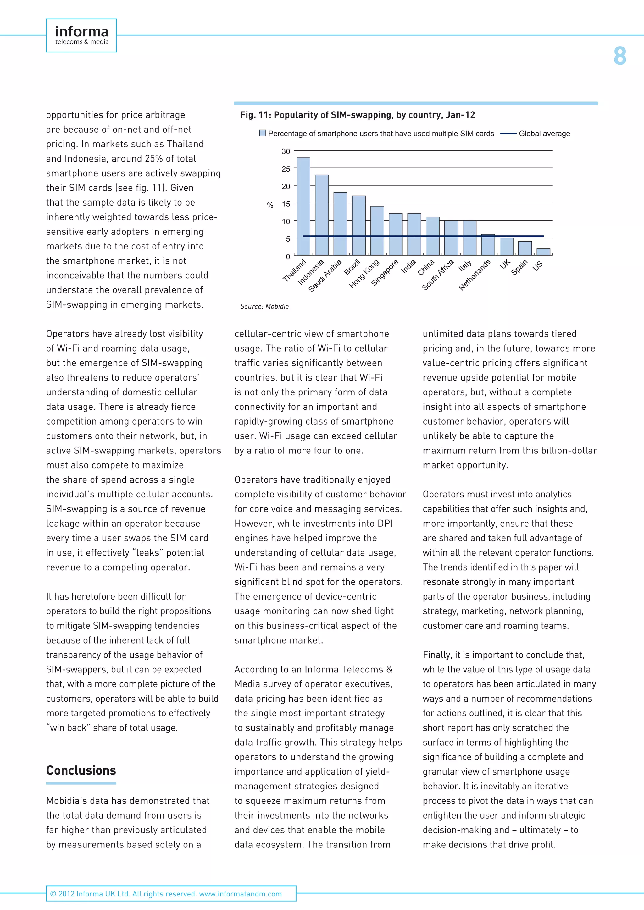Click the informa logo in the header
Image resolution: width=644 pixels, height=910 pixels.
click(x=81, y=35)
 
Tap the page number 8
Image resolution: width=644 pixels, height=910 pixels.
click(x=619, y=56)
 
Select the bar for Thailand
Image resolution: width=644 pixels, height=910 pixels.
click(x=303, y=206)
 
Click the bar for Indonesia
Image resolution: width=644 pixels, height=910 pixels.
click(x=322, y=215)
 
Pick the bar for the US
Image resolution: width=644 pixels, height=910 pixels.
click(x=543, y=252)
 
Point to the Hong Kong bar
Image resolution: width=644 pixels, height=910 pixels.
click(x=377, y=231)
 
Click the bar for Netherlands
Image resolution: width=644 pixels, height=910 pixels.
click(x=488, y=245)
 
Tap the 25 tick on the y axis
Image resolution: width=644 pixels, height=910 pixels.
click(x=286, y=169)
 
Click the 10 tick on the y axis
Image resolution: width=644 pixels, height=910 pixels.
click(x=286, y=222)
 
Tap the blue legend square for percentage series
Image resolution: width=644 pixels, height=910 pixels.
click(x=263, y=133)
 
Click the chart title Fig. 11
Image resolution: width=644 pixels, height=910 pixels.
click(x=357, y=115)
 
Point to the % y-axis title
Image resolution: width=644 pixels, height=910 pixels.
click(x=270, y=205)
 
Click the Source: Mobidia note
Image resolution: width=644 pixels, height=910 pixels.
click(x=264, y=306)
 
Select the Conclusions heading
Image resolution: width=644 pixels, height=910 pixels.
click(x=81, y=770)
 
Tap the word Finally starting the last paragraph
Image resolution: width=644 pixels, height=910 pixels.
click(x=437, y=655)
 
